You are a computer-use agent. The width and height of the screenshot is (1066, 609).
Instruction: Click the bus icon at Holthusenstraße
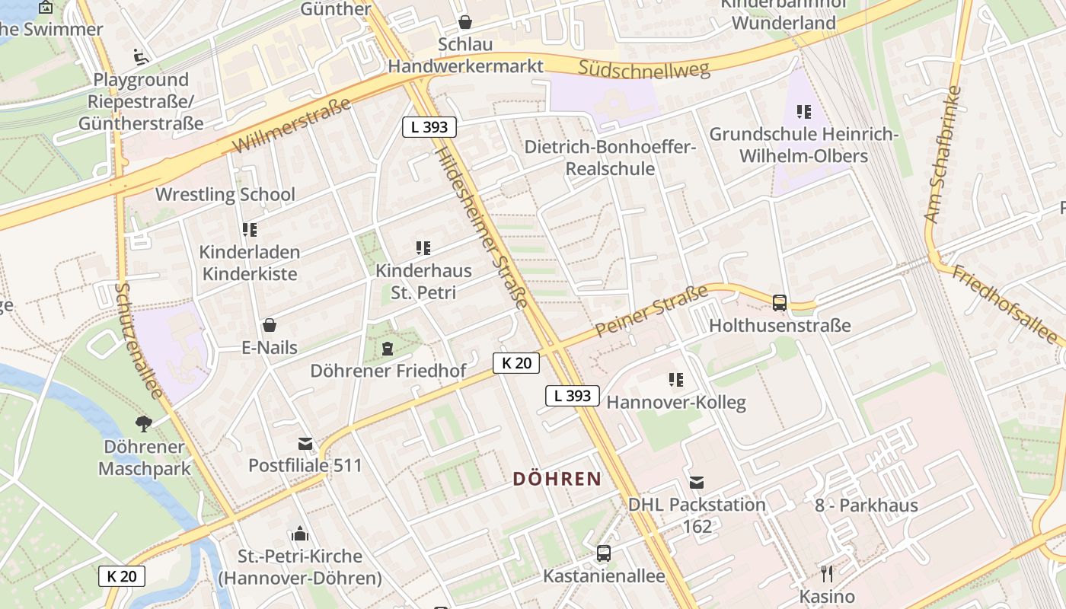[780, 302]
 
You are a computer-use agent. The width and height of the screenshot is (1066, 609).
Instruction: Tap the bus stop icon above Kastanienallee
[604, 553]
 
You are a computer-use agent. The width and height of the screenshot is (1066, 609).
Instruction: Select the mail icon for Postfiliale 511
[305, 443]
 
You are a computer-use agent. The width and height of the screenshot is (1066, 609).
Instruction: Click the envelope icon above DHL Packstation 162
[697, 482]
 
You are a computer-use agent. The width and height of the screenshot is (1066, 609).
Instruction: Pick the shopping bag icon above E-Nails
[269, 325]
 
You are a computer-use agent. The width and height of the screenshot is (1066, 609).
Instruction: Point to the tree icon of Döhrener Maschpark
[144, 424]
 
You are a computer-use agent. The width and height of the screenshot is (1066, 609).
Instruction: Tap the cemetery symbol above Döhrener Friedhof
[388, 349]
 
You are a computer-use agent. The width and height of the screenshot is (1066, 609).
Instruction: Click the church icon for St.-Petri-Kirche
[299, 534]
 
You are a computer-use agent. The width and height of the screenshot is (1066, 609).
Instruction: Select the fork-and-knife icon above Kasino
[827, 573]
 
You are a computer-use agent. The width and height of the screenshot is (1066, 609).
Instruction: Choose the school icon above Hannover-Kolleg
[675, 379]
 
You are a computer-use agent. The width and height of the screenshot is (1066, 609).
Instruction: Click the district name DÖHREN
[557, 479]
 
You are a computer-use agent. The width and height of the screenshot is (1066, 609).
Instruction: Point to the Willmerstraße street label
[292, 125]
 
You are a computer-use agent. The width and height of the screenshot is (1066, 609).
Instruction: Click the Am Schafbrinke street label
[943, 155]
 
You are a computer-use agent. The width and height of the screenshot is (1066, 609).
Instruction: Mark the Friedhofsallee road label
[1004, 304]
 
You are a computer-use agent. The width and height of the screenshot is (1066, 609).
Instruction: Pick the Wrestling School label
[225, 194]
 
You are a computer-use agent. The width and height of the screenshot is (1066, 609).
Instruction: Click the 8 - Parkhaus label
[867, 505]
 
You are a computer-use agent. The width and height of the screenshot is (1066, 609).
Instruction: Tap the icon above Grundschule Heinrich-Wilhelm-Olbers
[803, 113]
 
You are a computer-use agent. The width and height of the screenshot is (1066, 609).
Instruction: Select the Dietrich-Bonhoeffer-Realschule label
[611, 158]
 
